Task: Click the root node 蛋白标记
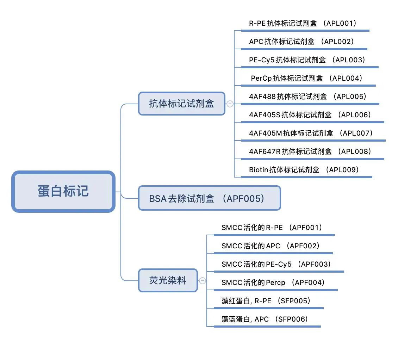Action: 63,191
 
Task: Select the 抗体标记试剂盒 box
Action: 182,104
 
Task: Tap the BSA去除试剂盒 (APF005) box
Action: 210,198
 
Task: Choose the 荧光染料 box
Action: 168,280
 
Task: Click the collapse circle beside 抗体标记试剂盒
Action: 230,104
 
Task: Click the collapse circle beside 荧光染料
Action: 203,280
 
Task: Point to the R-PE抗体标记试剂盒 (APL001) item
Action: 303,23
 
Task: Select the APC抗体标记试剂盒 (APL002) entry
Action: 301,42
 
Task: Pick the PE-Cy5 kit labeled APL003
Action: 307,60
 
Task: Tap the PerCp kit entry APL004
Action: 307,78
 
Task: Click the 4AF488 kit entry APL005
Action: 307,97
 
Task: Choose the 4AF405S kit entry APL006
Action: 310,115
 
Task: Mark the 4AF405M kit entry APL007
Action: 311,133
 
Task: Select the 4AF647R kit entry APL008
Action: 310,151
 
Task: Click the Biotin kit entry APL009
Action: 304,169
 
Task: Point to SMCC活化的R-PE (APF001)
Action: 272,228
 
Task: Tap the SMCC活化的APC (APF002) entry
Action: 270,246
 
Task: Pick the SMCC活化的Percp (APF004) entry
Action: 273,282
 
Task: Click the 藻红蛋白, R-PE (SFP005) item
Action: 266,301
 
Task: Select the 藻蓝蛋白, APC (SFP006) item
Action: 265,319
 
